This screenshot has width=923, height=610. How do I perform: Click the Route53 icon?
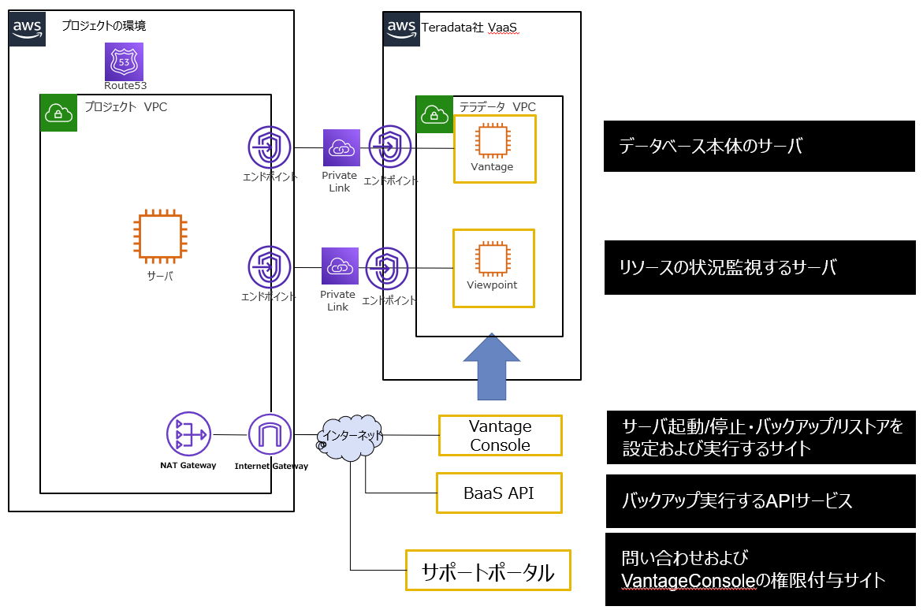(125, 61)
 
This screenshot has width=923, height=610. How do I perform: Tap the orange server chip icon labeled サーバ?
(159, 237)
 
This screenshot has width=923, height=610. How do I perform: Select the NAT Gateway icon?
(187, 434)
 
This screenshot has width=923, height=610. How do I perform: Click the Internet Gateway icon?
(270, 434)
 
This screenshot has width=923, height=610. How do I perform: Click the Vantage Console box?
(501, 436)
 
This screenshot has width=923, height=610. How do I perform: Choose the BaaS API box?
(499, 493)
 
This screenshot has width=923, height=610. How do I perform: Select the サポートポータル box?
(488, 571)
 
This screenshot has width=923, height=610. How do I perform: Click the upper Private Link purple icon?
(341, 147)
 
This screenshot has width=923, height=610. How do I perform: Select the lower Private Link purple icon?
(340, 266)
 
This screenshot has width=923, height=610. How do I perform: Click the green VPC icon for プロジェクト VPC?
(58, 113)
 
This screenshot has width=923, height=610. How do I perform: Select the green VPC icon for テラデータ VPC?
(434, 114)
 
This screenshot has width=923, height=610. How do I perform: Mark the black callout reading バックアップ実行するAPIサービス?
(761, 501)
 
